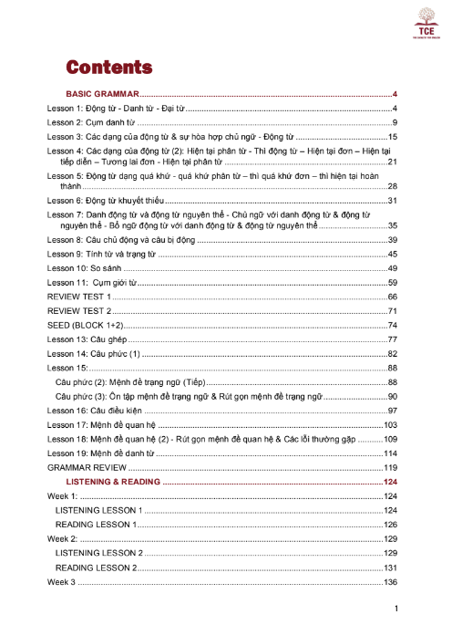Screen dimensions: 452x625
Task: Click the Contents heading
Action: coord(108,68)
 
